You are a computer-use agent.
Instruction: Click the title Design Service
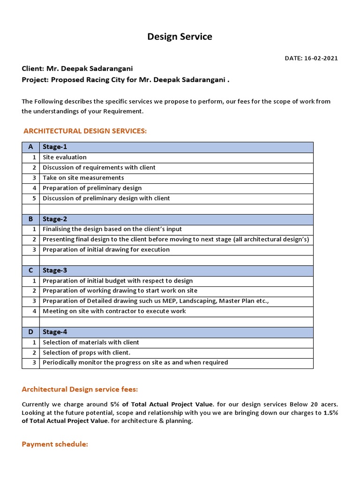pyautogui.click(x=180, y=37)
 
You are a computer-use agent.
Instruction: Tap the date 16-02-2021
pyautogui.click(x=321, y=59)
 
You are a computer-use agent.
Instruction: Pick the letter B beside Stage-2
pyautogui.click(x=30, y=219)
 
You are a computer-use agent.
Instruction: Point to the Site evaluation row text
pyautogui.click(x=65, y=157)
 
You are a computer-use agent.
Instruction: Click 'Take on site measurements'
pyautogui.click(x=83, y=178)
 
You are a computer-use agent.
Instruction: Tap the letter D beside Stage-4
pyautogui.click(x=30, y=332)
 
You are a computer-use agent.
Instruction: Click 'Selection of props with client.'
pyautogui.click(x=87, y=352)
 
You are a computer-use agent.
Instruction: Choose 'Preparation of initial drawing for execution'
pyautogui.click(x=106, y=250)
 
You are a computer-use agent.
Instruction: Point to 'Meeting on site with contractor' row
pyautogui.click(x=114, y=311)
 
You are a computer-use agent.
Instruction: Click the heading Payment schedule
pyautogui.click(x=55, y=444)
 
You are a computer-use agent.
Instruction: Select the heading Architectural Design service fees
pyautogui.click(x=80, y=390)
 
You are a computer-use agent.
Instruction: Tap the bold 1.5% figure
pyautogui.click(x=330, y=413)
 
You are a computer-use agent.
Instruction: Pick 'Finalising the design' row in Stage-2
pyautogui.click(x=112, y=229)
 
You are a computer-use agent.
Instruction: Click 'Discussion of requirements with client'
pyautogui.click(x=99, y=168)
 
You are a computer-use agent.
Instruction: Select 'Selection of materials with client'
pyautogui.click(x=91, y=342)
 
